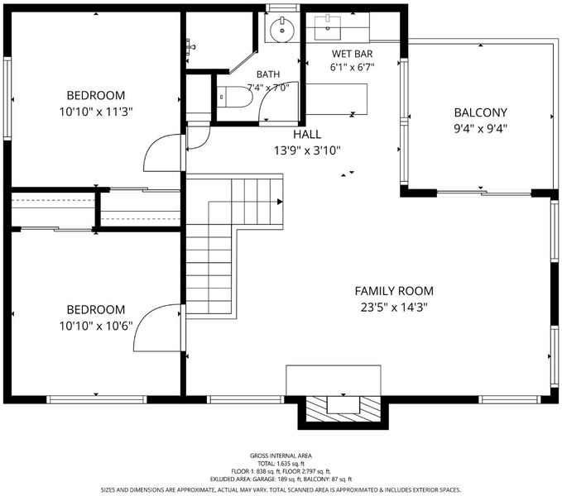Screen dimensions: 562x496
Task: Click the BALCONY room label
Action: click(x=480, y=112)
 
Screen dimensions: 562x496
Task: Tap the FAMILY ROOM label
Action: click(x=394, y=291)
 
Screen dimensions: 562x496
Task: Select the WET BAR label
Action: click(x=352, y=54)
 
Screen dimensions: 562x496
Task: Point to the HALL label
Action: click(x=307, y=134)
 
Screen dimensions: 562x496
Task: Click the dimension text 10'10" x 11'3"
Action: click(x=96, y=112)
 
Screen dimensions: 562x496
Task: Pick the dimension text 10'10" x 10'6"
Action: click(x=96, y=326)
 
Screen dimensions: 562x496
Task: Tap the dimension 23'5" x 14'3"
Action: click(x=394, y=308)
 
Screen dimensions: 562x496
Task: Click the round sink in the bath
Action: click(x=282, y=30)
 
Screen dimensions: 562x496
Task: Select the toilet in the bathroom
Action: click(x=235, y=97)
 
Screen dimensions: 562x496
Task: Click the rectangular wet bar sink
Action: click(x=328, y=27)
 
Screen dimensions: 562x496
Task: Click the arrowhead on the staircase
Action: click(x=280, y=202)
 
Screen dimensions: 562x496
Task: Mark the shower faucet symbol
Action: click(x=190, y=47)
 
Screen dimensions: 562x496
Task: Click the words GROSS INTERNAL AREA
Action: click(x=281, y=455)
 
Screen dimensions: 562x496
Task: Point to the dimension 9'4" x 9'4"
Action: click(x=480, y=128)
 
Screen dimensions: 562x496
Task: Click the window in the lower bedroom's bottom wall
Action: click(x=96, y=399)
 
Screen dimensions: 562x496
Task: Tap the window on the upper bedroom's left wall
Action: click(x=7, y=98)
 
